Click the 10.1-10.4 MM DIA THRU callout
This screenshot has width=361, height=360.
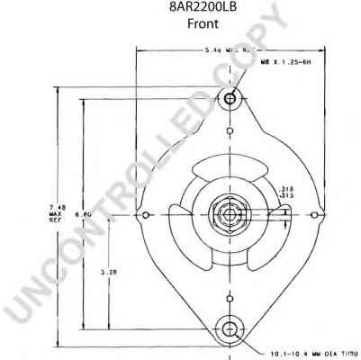point(307,353)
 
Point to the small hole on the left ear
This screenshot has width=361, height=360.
point(147,214)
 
